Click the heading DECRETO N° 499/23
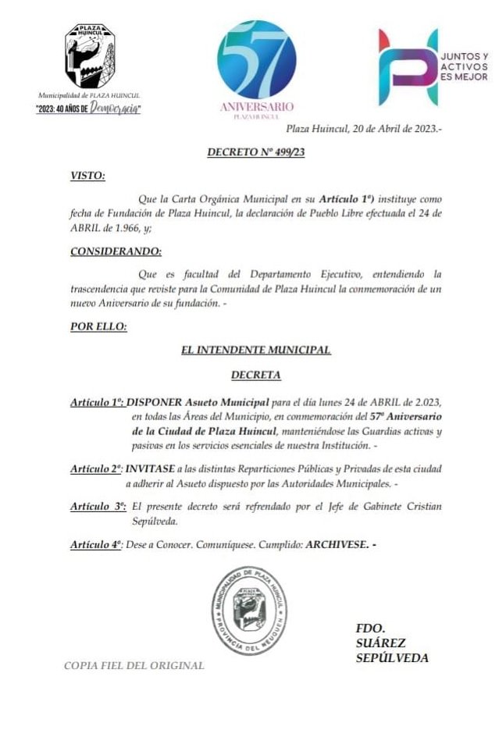255,152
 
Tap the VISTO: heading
87,176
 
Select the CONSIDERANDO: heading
116,251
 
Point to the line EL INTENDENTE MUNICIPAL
255,351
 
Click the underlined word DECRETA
255,376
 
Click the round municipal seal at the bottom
250,609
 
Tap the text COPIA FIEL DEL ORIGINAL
134,666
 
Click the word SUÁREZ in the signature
380,643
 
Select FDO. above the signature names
371,628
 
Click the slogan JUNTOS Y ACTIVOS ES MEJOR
465,67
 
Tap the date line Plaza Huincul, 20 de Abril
363,129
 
